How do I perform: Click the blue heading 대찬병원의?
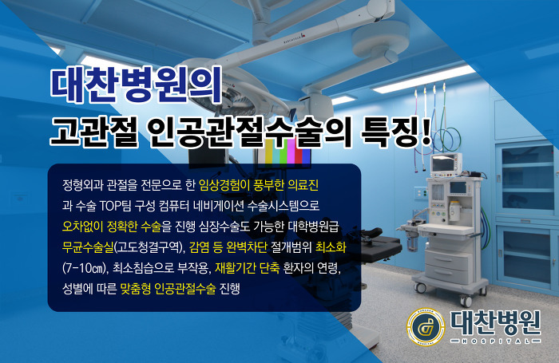137,85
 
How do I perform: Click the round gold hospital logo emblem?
426,327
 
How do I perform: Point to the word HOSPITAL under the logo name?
496,341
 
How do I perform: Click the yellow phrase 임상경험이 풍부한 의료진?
259,185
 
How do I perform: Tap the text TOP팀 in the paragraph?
114,206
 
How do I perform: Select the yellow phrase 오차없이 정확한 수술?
112,227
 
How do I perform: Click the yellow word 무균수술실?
88,247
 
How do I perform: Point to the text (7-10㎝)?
85,268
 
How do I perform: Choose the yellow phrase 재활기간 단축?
248,268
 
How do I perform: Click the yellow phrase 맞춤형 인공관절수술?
168,289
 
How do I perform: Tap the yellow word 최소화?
331,247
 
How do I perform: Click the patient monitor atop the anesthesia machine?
446,165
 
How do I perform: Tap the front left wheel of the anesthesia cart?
420,287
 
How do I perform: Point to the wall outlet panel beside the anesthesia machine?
421,194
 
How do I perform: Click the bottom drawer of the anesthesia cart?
446,274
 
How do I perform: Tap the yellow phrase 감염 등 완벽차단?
228,247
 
